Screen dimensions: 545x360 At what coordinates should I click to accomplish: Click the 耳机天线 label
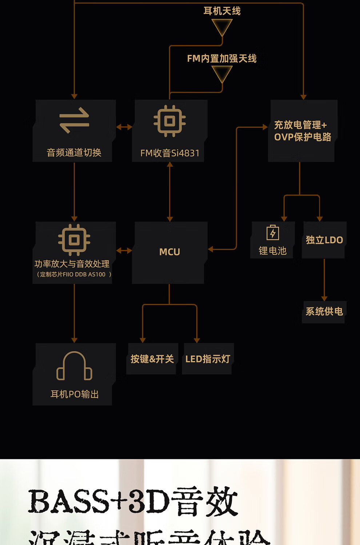pos(222,11)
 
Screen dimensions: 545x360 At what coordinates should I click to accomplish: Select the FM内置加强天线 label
pos(222,58)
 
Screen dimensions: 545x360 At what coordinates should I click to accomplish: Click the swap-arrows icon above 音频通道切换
pos(74,120)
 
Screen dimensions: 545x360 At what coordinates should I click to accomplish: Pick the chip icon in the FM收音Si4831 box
pos(169,121)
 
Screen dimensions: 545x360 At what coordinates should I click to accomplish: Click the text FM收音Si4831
pos(170,153)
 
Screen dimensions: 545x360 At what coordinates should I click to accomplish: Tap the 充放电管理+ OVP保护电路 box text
pos(303,131)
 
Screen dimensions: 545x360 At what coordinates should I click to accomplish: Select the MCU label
pos(169,252)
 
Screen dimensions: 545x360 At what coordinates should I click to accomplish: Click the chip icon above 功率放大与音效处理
pos(74,240)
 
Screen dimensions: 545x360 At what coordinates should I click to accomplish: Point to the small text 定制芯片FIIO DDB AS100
pos(74,274)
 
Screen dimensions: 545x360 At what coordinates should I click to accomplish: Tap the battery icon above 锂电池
pos(273,233)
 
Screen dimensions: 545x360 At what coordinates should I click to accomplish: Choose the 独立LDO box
pos(324,240)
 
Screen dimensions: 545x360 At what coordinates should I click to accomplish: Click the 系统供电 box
pos(324,311)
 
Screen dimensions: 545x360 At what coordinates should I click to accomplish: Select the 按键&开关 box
pos(152,359)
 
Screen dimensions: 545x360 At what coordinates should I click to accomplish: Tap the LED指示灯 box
pos(208,359)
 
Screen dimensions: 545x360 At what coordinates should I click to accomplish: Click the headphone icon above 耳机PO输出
pos(74,366)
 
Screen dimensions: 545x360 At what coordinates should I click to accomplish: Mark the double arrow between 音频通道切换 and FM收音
pos(124,127)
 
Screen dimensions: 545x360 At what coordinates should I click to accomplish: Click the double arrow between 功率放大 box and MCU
pos(124,250)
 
